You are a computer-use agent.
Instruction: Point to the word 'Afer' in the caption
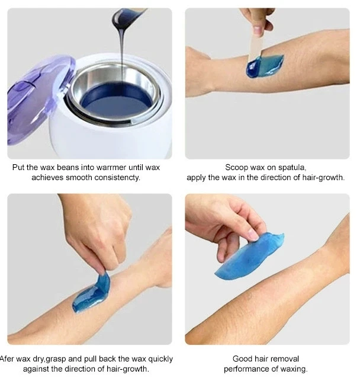point(8,359)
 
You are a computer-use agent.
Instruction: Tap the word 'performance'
point(246,369)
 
